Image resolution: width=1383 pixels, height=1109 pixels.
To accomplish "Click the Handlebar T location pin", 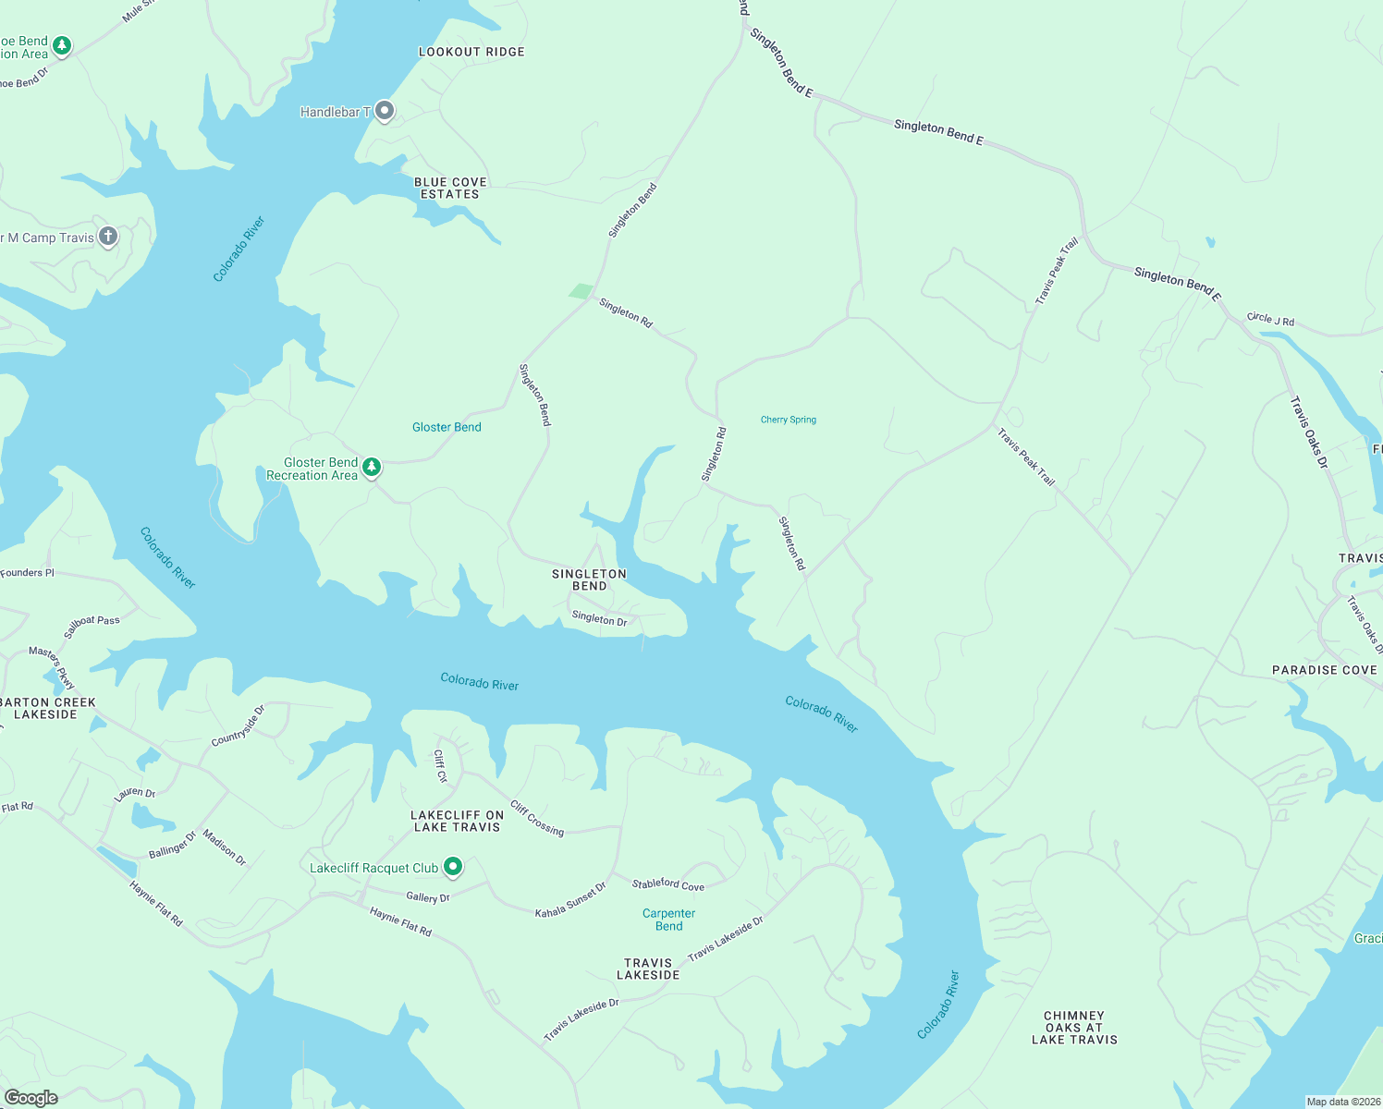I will (x=385, y=112).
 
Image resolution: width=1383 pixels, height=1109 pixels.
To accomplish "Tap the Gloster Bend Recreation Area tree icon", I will (x=372, y=468).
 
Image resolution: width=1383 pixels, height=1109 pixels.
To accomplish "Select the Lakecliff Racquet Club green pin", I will (x=453, y=867).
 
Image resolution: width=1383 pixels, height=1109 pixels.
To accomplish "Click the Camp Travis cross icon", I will (x=108, y=237).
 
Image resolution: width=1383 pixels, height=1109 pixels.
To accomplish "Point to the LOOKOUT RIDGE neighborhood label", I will (x=471, y=52).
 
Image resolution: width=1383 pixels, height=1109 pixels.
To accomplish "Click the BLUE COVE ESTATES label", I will (x=450, y=189).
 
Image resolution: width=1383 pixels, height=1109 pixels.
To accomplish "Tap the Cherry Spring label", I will (x=789, y=420).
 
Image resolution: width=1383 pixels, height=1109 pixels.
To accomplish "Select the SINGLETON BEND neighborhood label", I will (x=589, y=579).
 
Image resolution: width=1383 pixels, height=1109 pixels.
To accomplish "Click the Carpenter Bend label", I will (x=668, y=920).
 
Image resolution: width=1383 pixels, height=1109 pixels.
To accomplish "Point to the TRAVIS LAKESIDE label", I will (x=648, y=969).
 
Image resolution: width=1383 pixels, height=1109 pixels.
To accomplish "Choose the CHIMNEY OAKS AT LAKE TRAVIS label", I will (x=1074, y=1028).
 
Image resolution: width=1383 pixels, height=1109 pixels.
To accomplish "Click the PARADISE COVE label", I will (x=1324, y=670).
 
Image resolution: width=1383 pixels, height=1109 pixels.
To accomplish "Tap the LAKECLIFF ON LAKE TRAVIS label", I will (x=457, y=821).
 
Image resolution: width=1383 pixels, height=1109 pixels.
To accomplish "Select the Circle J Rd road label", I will (x=1270, y=319).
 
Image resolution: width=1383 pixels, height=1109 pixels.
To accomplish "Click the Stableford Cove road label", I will (x=667, y=884).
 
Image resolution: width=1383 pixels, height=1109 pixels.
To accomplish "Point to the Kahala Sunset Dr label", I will (x=570, y=900).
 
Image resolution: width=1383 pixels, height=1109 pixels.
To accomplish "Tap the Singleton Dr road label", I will (x=599, y=618).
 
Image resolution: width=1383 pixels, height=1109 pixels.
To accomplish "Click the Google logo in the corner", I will (x=31, y=1097).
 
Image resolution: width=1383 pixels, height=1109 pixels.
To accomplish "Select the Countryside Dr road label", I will (x=239, y=725).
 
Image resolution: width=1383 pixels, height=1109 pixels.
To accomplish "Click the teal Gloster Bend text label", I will (x=447, y=427).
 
